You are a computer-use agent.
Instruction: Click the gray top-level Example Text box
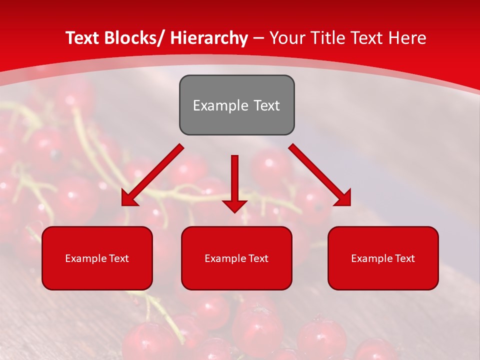pyautogui.click(x=236, y=105)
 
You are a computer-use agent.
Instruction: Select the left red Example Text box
pyautogui.click(x=97, y=258)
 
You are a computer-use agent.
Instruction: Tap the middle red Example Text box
pyautogui.click(x=236, y=258)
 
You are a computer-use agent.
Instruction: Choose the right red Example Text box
pyautogui.click(x=383, y=258)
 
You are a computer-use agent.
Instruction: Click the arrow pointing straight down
pyautogui.click(x=235, y=180)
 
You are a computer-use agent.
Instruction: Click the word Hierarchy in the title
pyautogui.click(x=209, y=38)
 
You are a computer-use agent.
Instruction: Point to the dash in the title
pyautogui.click(x=258, y=38)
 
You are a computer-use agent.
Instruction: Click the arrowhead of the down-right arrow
pyautogui.click(x=342, y=197)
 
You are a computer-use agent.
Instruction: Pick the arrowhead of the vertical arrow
pyautogui.click(x=235, y=205)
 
